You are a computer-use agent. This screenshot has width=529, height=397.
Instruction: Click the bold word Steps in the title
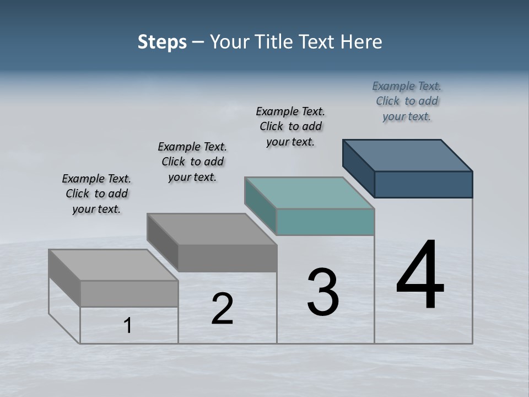click(x=162, y=42)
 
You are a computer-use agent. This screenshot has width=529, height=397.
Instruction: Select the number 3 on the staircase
click(x=323, y=293)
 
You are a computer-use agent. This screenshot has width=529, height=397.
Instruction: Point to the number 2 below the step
click(x=222, y=309)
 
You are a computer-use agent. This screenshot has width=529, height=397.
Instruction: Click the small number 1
click(x=128, y=326)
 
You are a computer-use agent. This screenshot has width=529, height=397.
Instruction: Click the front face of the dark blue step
click(x=423, y=184)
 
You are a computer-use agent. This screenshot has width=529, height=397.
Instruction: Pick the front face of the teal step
click(x=325, y=222)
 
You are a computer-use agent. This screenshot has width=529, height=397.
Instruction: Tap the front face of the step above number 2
click(x=227, y=258)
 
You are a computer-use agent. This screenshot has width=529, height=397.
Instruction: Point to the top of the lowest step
click(x=114, y=265)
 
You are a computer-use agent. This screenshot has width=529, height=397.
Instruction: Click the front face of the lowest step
click(x=129, y=293)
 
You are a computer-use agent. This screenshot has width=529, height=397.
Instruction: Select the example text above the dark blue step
click(x=407, y=101)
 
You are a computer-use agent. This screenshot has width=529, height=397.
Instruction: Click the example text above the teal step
click(x=290, y=126)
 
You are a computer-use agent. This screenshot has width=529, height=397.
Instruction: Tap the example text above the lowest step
click(x=96, y=194)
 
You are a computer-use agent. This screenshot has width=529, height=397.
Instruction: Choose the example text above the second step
click(x=192, y=162)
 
